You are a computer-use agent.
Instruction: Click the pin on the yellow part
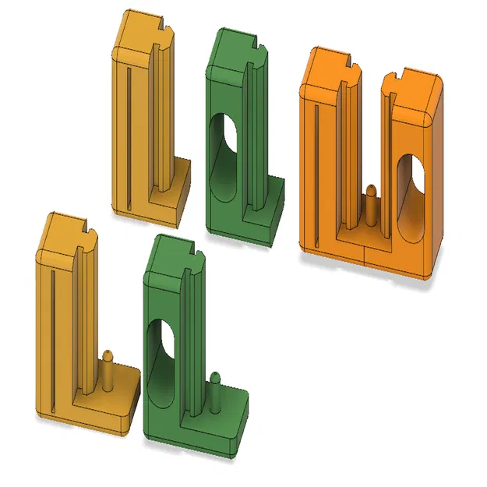click(108, 371)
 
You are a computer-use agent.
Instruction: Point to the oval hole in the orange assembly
click(411, 191)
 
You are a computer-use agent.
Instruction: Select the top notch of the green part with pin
click(192, 252)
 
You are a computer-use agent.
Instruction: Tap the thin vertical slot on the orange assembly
click(316, 171)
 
